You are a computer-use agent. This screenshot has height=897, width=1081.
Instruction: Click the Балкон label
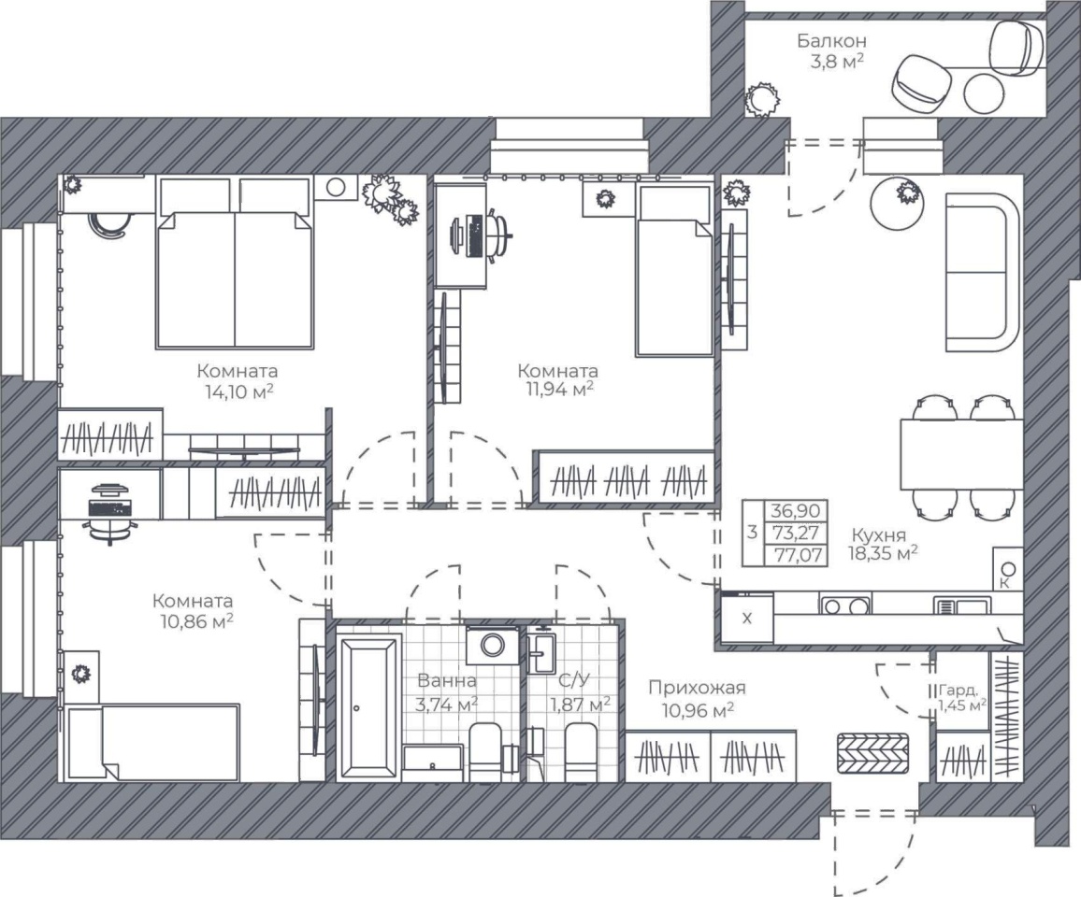click(831, 42)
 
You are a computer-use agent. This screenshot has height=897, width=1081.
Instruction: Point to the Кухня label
click(878, 534)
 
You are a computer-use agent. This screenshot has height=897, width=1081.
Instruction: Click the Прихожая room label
click(697, 688)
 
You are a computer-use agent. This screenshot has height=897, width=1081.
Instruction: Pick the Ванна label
click(447, 681)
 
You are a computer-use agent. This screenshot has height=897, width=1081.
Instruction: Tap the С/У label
click(574, 681)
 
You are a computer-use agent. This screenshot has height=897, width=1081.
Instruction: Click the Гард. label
click(957, 690)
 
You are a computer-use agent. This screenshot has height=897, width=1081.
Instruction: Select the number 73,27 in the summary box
click(798, 533)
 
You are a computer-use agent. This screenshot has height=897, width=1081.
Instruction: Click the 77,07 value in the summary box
click(798, 555)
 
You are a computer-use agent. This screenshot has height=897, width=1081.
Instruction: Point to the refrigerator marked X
click(746, 618)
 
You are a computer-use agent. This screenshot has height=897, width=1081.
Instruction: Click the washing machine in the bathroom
click(492, 646)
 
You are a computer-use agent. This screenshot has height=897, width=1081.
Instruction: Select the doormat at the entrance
click(872, 753)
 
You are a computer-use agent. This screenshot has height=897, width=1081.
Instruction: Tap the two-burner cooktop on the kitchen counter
click(845, 605)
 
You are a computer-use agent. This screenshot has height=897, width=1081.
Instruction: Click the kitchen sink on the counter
click(963, 605)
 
